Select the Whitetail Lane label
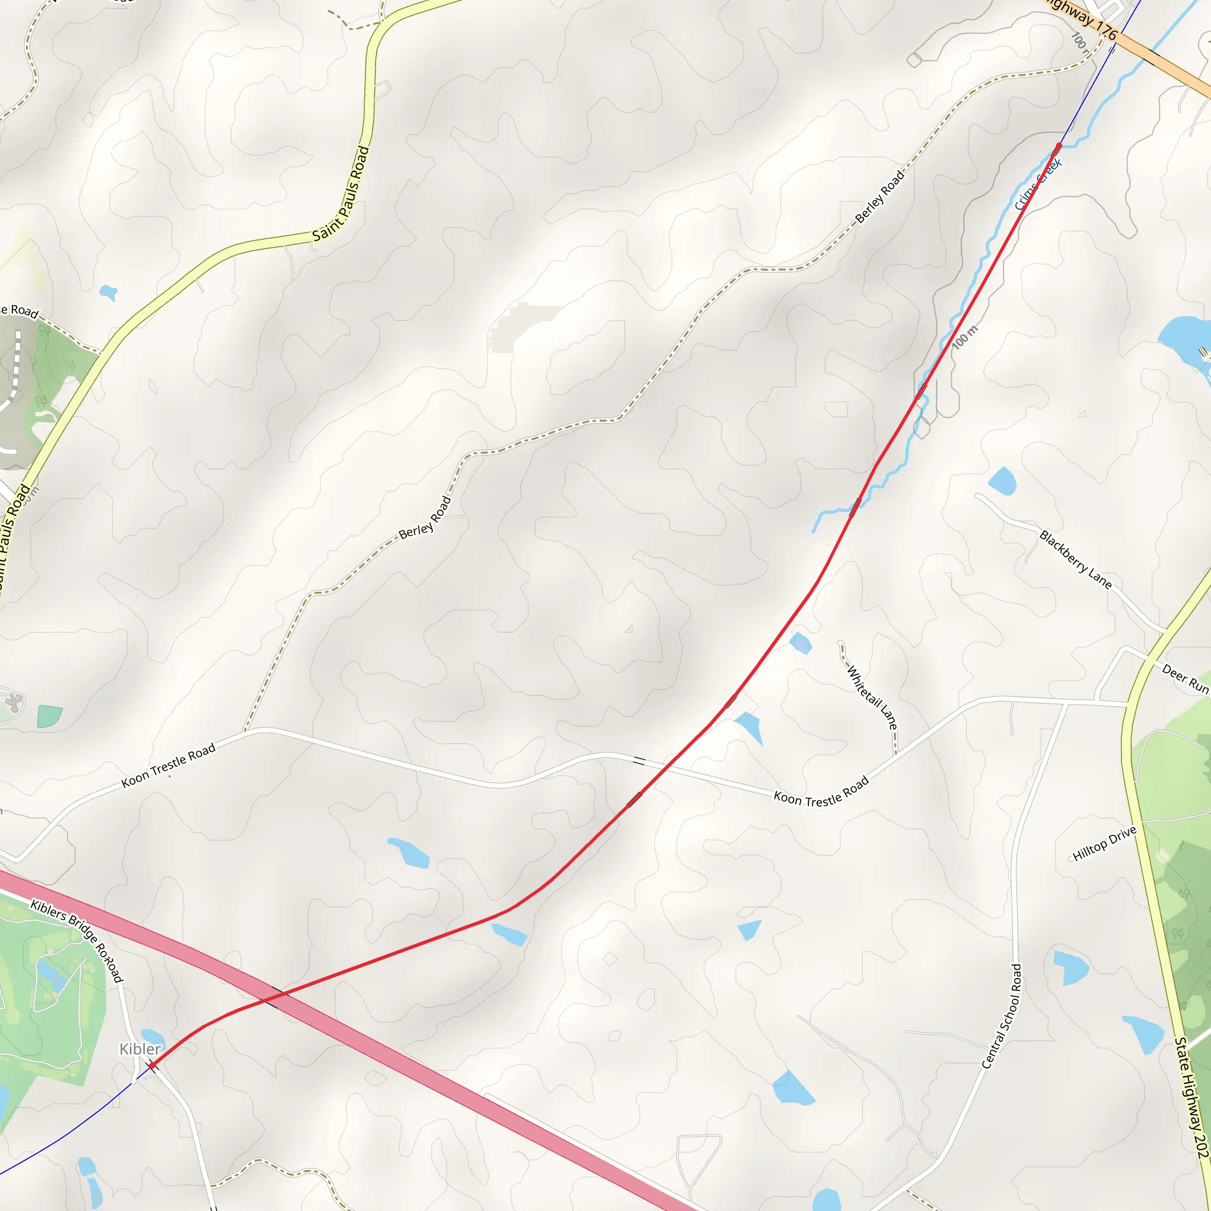point(872,697)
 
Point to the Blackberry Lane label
point(1076,560)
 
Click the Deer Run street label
point(1184,678)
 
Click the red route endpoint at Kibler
point(152,1065)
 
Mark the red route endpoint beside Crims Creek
point(1059,146)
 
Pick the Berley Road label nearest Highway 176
point(880,196)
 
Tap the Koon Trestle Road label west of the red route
point(168,765)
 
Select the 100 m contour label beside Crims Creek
point(964,337)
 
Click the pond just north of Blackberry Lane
point(1002,481)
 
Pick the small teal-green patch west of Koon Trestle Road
point(50,716)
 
